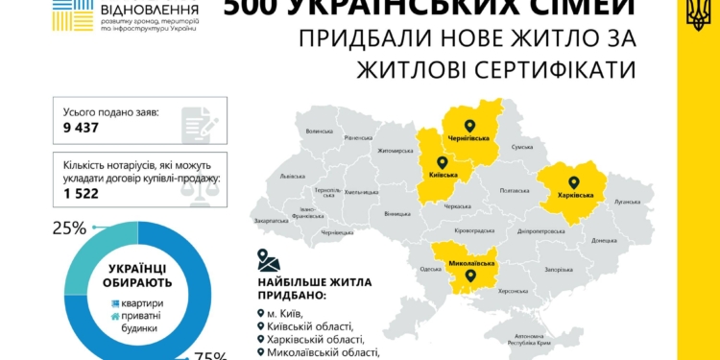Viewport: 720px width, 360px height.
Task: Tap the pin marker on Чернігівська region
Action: click(468, 125)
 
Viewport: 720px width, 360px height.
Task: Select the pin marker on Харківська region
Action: click(574, 181)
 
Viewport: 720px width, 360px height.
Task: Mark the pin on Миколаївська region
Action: click(470, 276)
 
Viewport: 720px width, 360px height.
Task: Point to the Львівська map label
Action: click(292, 177)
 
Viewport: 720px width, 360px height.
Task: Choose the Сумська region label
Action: click(521, 147)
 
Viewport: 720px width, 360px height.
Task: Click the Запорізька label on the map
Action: click(558, 270)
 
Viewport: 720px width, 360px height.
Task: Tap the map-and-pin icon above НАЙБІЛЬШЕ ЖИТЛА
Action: click(269, 261)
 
